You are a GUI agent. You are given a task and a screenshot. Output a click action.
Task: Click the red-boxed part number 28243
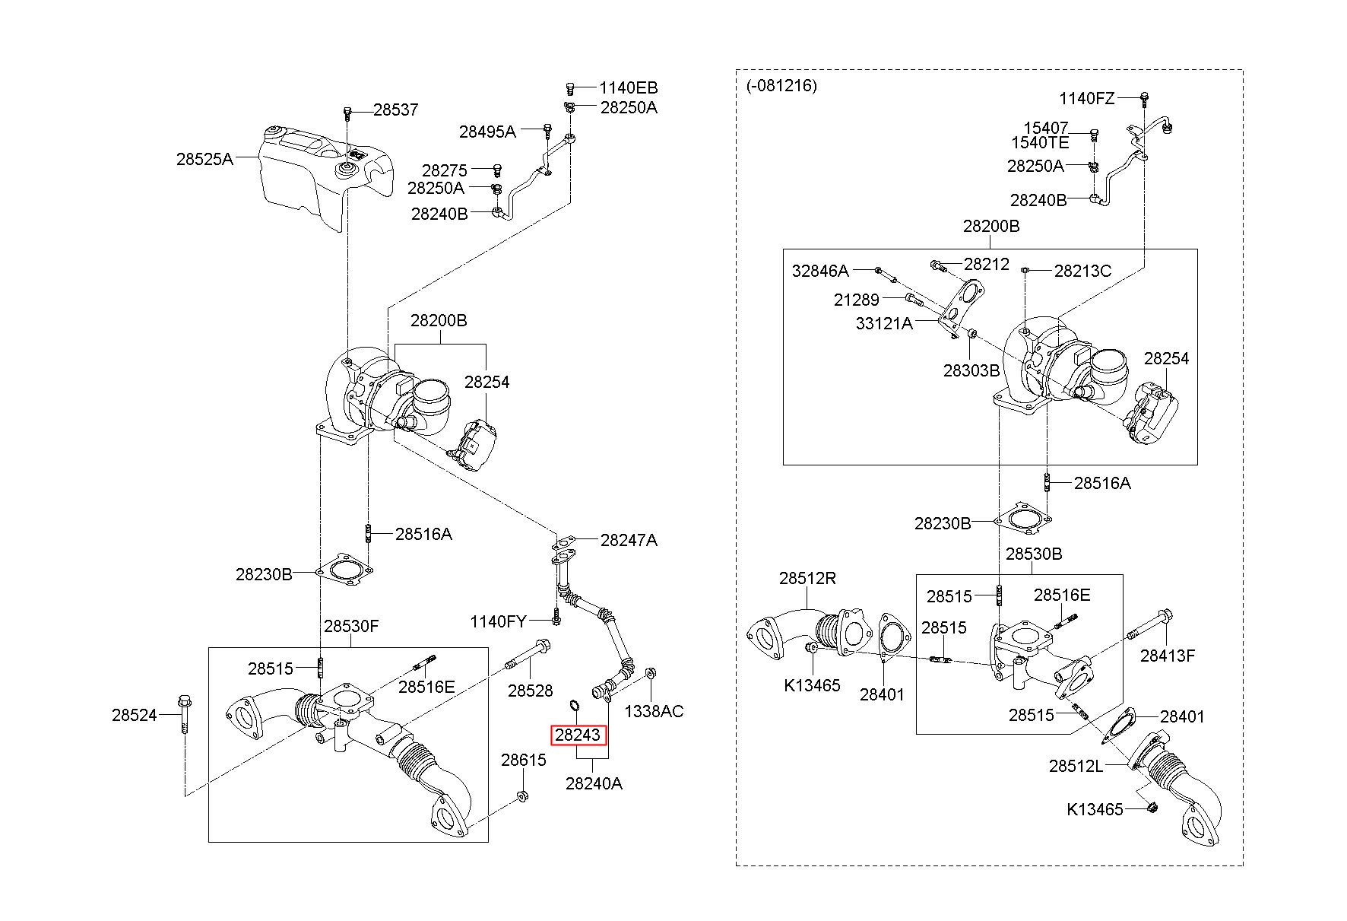click(579, 735)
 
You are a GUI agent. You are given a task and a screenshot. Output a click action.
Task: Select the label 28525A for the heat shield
click(204, 159)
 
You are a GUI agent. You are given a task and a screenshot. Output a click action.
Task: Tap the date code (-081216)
click(781, 85)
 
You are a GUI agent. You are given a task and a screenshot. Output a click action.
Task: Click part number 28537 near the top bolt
click(395, 110)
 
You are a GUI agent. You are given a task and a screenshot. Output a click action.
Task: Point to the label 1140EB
click(628, 87)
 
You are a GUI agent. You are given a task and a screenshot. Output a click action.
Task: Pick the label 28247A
click(629, 540)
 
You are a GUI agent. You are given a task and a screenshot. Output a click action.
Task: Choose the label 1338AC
click(654, 711)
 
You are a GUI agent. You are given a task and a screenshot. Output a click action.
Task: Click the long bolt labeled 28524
click(185, 716)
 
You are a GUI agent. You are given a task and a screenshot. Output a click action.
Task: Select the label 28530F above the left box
click(351, 627)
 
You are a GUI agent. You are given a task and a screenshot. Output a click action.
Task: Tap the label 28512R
click(807, 579)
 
